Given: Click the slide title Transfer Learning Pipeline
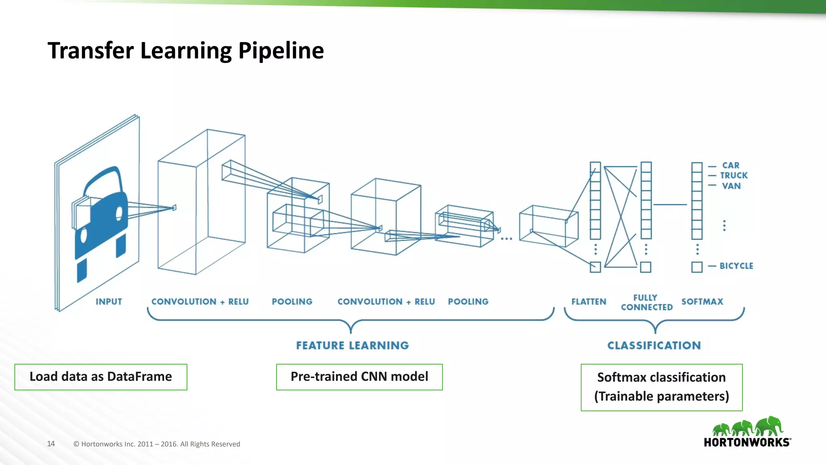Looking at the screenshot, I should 186,51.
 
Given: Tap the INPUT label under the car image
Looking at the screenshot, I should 108,302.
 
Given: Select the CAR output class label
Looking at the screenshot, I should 730,165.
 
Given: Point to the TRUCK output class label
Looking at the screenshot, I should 734,176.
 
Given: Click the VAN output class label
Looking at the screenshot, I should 731,186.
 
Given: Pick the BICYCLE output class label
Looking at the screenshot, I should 736,266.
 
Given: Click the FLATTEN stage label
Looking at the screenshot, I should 588,302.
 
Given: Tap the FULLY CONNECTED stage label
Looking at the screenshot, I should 647,302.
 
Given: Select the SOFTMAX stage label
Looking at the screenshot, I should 702,302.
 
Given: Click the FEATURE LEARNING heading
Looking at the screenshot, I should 353,346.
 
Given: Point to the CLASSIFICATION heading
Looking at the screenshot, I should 654,346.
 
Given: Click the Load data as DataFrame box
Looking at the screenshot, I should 101,377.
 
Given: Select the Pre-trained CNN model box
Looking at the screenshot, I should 359,377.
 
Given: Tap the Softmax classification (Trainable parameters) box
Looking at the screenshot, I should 661,387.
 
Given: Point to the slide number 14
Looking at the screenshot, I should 51,444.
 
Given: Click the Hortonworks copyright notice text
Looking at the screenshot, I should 156,444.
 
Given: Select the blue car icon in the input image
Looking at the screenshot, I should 101,218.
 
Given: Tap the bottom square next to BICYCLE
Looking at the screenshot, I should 697,267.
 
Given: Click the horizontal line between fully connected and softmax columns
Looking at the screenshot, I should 670,205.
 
